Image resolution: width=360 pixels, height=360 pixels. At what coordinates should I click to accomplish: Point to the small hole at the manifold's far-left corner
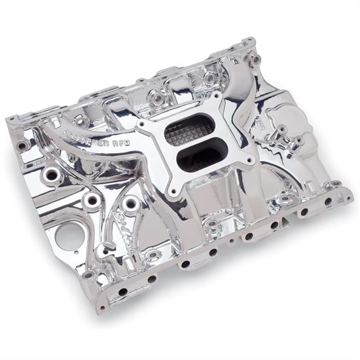pyautogui.click(x=23, y=144)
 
